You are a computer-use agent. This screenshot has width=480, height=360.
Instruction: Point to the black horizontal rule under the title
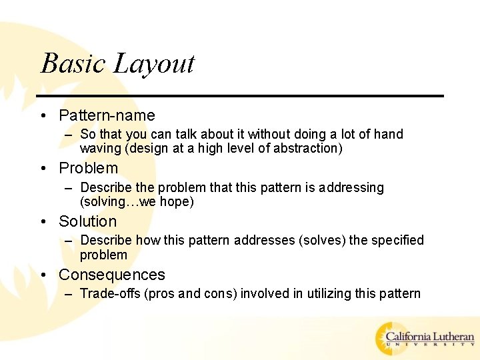tap(240, 96)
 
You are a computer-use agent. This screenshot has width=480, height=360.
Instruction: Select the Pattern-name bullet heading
tap(107, 115)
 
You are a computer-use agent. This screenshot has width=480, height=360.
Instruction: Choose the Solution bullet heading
tap(87, 221)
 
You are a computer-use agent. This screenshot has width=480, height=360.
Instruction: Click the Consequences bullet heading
tap(111, 275)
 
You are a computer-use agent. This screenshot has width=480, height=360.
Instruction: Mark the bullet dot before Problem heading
tap(43, 169)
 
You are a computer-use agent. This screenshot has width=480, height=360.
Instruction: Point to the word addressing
tap(351, 187)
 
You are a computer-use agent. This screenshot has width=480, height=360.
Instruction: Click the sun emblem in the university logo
tap(390, 338)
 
